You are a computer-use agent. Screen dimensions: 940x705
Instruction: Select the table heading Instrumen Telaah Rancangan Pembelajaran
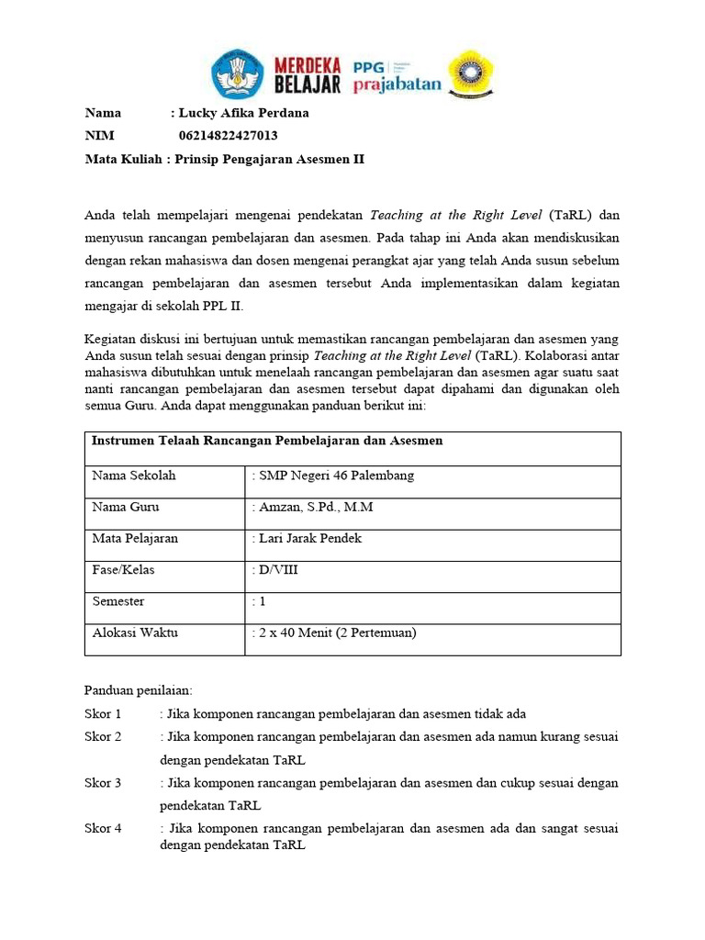tap(267, 442)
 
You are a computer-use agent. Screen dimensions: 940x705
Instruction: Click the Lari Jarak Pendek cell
tap(308, 538)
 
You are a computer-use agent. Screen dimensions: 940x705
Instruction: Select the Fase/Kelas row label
tap(123, 570)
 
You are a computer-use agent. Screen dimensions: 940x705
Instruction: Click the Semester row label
tap(118, 601)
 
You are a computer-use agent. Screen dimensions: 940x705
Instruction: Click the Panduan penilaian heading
tap(139, 689)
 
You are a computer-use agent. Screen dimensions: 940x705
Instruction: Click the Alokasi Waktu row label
tap(135, 632)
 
